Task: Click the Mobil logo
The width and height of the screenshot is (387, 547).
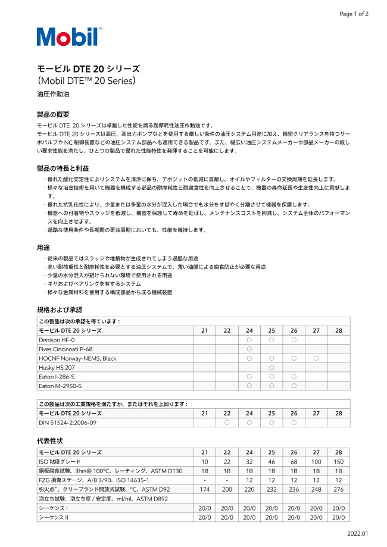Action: click(x=67, y=37)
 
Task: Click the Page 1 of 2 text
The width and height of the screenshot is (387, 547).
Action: click(x=354, y=14)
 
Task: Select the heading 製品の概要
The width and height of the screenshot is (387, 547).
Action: click(x=53, y=114)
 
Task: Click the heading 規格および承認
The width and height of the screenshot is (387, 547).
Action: click(x=59, y=310)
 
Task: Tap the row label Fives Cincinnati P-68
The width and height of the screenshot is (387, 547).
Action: click(x=65, y=349)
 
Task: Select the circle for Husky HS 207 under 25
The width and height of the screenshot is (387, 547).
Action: click(x=271, y=368)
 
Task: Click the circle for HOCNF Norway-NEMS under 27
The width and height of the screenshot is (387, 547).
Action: click(x=316, y=358)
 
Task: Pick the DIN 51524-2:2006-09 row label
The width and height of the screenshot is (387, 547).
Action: click(x=67, y=423)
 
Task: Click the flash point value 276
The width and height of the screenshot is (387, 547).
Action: click(x=338, y=489)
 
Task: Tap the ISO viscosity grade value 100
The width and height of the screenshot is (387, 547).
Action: click(x=316, y=462)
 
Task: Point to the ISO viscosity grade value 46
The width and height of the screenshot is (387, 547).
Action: click(x=271, y=462)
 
